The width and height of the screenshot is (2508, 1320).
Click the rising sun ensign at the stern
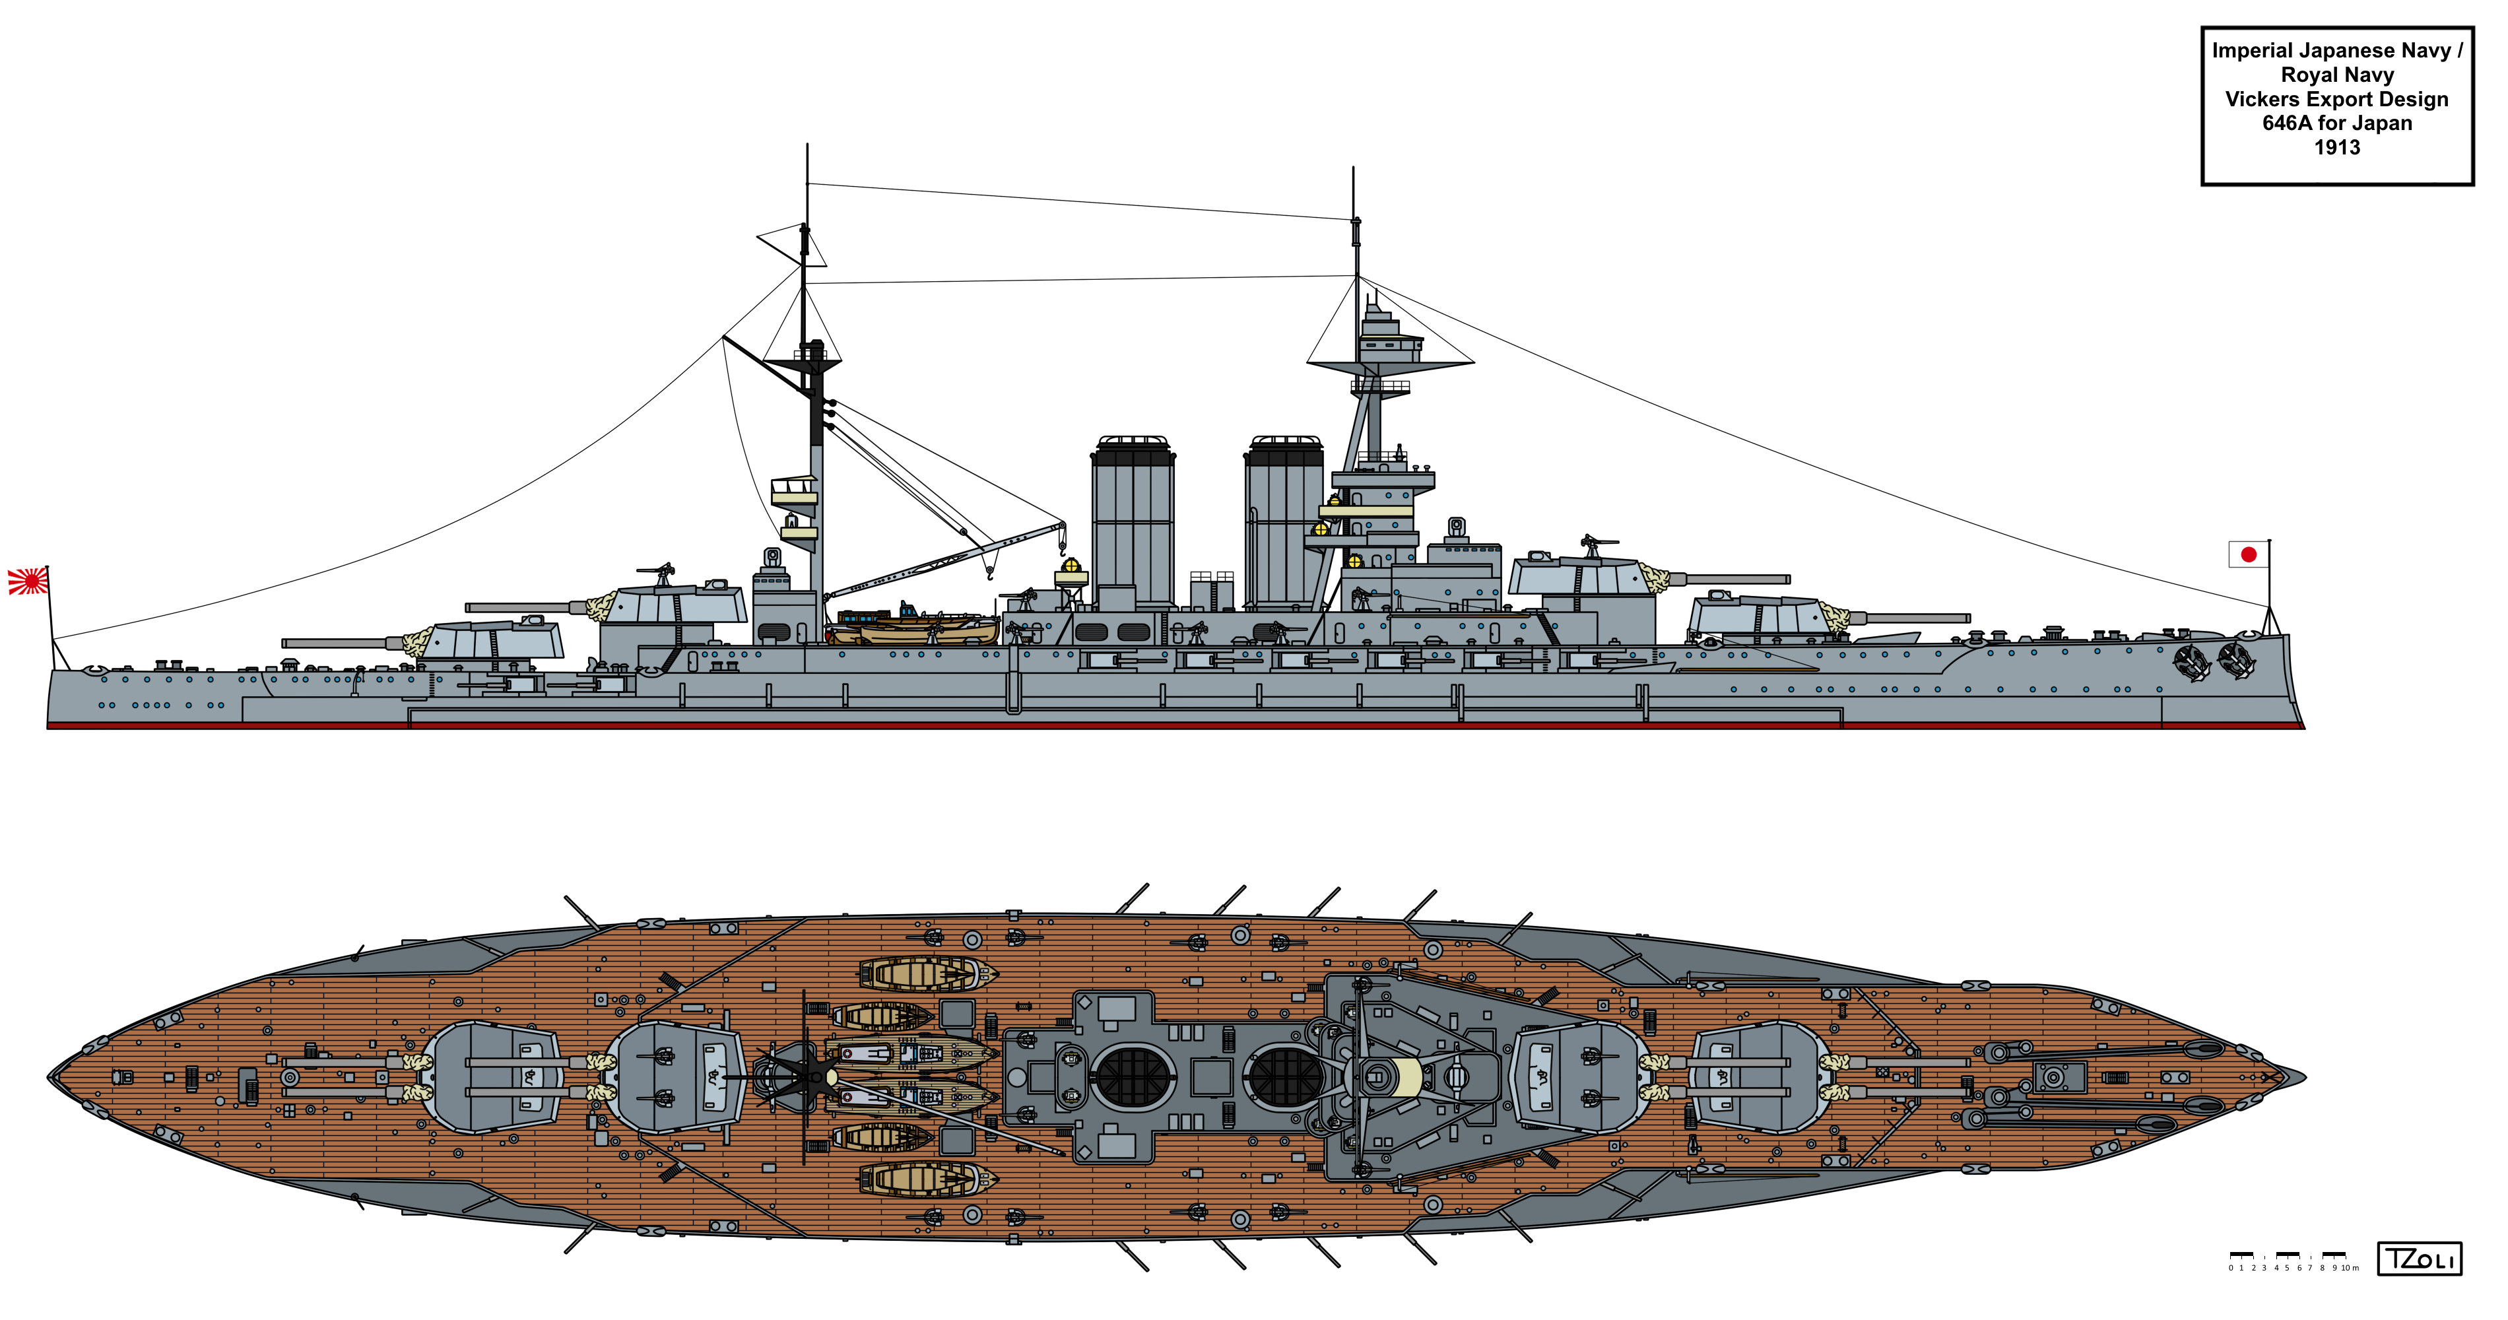click(x=27, y=581)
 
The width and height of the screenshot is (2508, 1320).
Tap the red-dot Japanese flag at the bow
click(x=2248, y=554)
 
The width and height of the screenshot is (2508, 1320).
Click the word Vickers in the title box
click(x=2264, y=99)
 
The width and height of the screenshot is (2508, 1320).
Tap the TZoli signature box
click(x=2420, y=1259)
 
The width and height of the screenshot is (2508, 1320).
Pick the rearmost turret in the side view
click(x=492, y=640)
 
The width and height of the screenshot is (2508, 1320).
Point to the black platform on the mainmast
click(x=803, y=362)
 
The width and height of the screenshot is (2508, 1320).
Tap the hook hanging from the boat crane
click(x=990, y=572)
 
